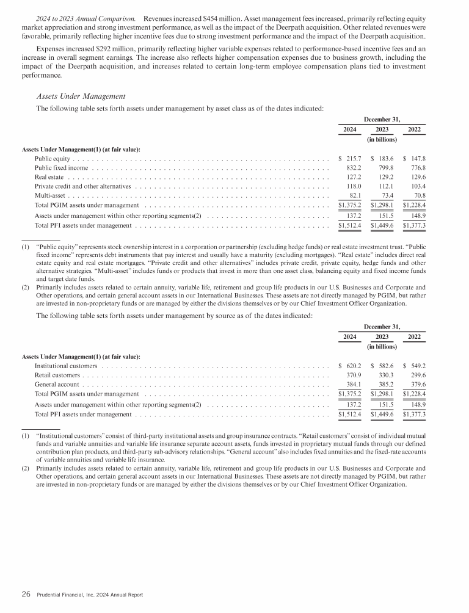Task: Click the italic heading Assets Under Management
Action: pyautogui.click(x=81, y=96)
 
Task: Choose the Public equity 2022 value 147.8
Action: pyautogui.click(x=415, y=158)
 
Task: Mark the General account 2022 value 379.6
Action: pyautogui.click(x=415, y=385)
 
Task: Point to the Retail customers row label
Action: pyautogui.click(x=57, y=375)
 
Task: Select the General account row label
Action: pyautogui.click(x=57, y=385)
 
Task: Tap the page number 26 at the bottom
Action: pyautogui.click(x=26, y=594)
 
